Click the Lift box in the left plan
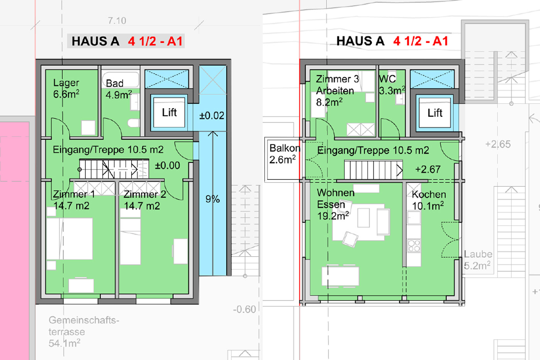(169, 112)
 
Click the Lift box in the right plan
(435, 113)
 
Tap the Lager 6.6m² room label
(66, 88)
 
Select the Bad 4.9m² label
(119, 89)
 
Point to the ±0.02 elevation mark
(212, 115)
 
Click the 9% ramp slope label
(213, 199)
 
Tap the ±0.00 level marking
(167, 166)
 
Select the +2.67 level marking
(428, 169)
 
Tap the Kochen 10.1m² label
(429, 200)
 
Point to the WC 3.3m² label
(392, 85)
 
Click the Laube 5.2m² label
(478, 260)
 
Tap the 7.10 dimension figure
(117, 21)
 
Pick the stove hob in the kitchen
(414, 246)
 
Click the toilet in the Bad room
(133, 123)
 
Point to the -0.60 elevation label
(245, 309)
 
